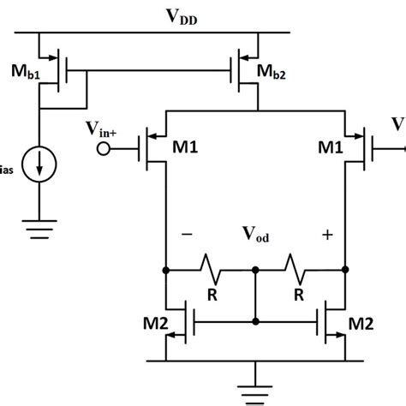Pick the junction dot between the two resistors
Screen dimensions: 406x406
(255, 269)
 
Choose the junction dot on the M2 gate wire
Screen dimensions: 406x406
(255, 321)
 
